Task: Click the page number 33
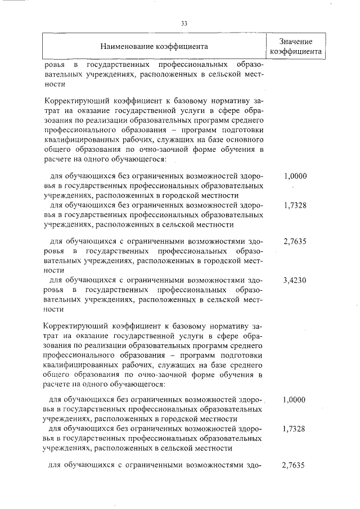(184, 23)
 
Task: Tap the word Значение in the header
(295, 41)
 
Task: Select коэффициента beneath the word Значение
(295, 51)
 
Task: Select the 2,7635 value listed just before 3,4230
(295, 242)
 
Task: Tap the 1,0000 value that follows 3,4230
(294, 400)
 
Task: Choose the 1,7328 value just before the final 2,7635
(295, 429)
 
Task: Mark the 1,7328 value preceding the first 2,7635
(295, 205)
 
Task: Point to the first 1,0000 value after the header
(295, 176)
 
